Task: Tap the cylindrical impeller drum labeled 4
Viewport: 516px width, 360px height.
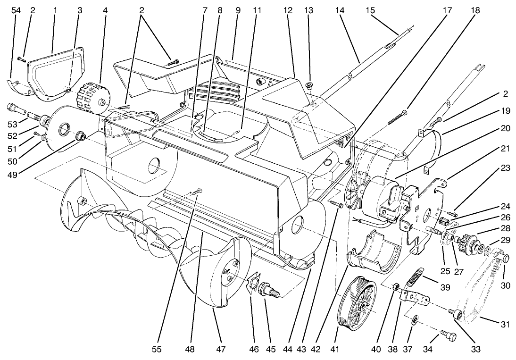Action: [x=93, y=97]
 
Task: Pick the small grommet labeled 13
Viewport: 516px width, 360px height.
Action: [x=309, y=85]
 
